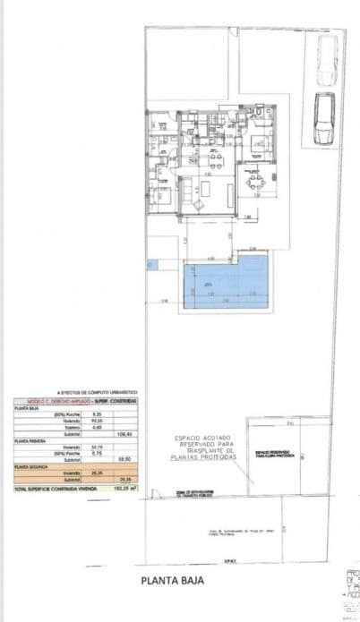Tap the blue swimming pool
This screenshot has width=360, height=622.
point(226,284)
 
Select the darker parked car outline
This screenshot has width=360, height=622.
point(323,117)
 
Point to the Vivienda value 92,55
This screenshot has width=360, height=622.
point(99,422)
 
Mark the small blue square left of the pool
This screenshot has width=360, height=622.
point(151,265)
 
